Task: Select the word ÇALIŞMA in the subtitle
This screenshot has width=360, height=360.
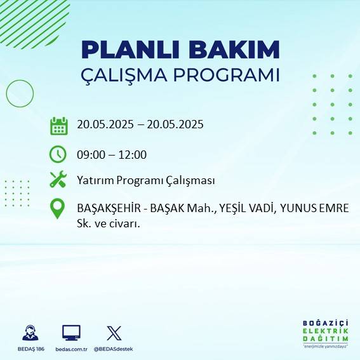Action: (x=130, y=75)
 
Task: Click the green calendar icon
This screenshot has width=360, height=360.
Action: (x=58, y=126)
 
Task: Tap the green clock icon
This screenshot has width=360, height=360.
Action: (x=58, y=154)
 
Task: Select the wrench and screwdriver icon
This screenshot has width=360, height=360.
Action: (x=58, y=180)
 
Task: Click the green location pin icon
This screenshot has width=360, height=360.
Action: (x=58, y=209)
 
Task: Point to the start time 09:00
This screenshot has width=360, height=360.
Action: (x=90, y=154)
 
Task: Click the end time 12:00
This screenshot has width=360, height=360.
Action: (x=133, y=154)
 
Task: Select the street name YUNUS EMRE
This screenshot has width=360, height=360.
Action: (x=314, y=208)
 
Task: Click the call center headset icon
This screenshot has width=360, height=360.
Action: (x=29, y=333)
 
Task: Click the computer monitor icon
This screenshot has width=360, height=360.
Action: (x=71, y=333)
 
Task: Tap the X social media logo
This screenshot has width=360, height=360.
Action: (x=114, y=333)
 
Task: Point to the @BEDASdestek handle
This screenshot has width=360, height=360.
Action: (x=114, y=349)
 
